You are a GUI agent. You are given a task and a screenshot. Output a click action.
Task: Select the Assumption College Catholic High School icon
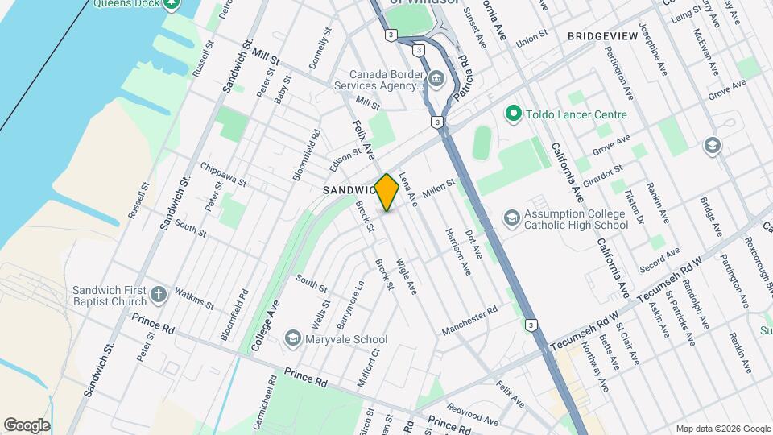[511, 218]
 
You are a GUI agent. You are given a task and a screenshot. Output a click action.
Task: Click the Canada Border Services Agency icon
[436, 78]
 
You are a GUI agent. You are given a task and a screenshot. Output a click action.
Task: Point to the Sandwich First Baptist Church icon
[159, 295]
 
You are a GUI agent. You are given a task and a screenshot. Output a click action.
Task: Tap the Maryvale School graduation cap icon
[293, 339]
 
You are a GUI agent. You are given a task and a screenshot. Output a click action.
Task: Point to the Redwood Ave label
[473, 416]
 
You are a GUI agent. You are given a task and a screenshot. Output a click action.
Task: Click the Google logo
[27, 425]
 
